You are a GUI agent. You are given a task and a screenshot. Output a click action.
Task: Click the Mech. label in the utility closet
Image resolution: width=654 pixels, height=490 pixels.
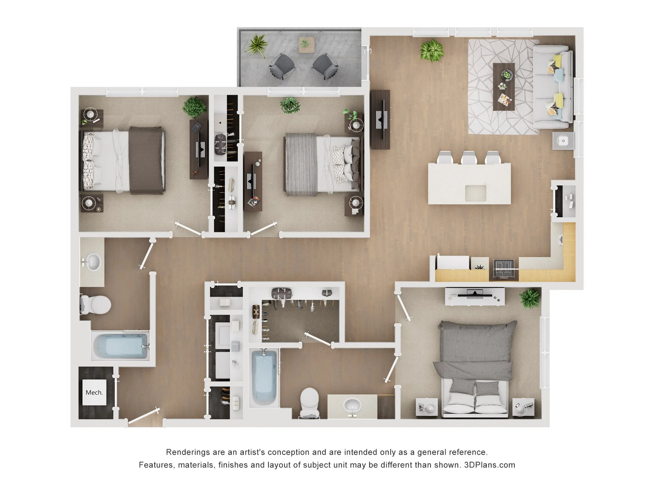94,392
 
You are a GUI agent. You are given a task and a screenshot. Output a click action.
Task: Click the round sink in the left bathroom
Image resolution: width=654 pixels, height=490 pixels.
92,262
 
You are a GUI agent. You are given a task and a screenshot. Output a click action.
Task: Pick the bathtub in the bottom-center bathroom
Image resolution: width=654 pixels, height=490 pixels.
264,377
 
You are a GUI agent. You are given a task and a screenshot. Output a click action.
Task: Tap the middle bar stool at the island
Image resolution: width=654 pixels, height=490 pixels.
469,158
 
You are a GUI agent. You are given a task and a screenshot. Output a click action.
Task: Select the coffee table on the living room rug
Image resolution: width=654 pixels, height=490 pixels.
504,86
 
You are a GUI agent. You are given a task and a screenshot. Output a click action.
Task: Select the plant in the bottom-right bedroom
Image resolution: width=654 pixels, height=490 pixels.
530,298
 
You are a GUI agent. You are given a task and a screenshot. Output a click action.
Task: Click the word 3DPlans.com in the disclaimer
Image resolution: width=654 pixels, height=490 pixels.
490,465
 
